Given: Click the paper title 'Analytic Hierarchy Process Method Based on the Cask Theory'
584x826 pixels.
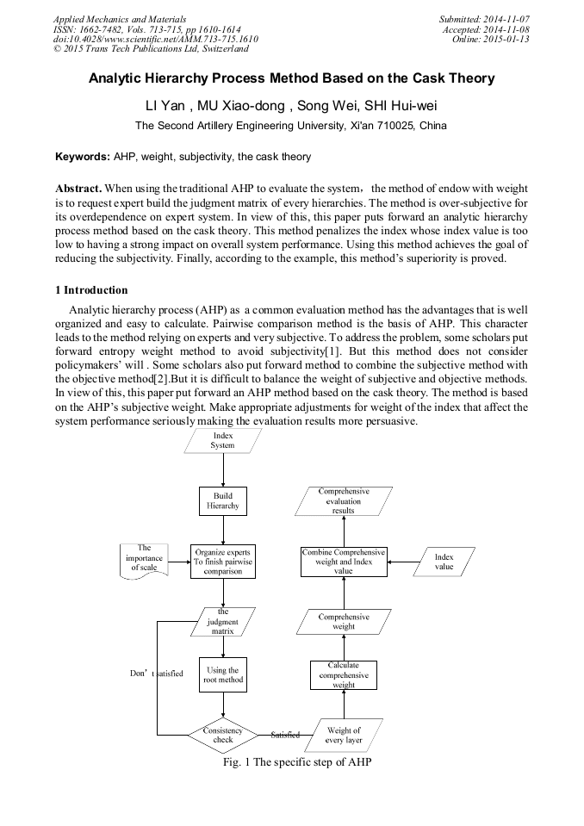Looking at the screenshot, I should pyautogui.click(x=292, y=78).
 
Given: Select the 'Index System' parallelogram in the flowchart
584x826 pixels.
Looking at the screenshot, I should pyautogui.click(x=222, y=441).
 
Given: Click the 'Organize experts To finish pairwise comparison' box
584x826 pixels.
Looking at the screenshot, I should pyautogui.click(x=223, y=562).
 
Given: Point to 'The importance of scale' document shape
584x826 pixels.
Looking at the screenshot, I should pyautogui.click(x=144, y=558).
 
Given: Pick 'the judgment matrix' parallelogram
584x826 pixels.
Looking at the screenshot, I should pyautogui.click(x=223, y=621).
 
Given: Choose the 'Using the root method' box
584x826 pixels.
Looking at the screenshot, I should pyautogui.click(x=223, y=675).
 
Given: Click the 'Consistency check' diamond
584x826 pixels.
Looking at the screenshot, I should pyautogui.click(x=223, y=735).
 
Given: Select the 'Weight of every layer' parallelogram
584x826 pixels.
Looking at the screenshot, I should pyautogui.click(x=344, y=735).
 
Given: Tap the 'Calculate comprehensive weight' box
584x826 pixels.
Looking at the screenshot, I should pyautogui.click(x=344, y=675).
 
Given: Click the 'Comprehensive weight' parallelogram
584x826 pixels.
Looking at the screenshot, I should pyautogui.click(x=344, y=622).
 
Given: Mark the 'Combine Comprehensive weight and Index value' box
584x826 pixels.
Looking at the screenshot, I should pyautogui.click(x=344, y=562).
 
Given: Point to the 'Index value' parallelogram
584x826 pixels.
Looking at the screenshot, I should pyautogui.click(x=444, y=562).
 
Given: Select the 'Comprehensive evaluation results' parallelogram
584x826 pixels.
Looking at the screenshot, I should pyautogui.click(x=344, y=501).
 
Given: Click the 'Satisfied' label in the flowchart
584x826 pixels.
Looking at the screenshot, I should pyautogui.click(x=285, y=735).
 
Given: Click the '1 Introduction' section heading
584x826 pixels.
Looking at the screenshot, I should pyautogui.click(x=96, y=289).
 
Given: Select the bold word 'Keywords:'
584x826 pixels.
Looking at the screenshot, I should pyautogui.click(x=83, y=157).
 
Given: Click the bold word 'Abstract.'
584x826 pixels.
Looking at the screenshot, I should pyautogui.click(x=79, y=188).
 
